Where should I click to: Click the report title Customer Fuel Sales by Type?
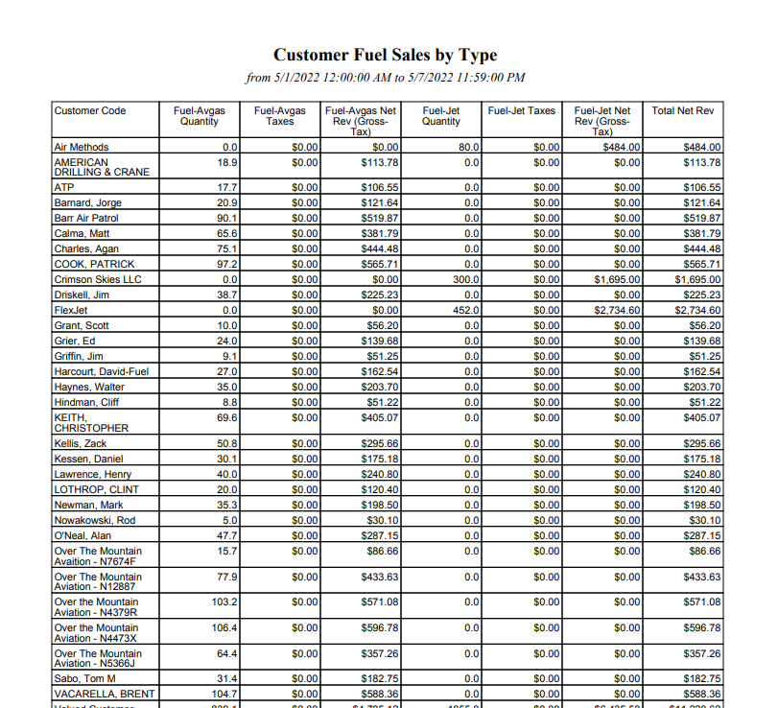coord(385,55)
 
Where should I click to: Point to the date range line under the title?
coord(385,78)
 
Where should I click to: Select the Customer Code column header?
coord(90,111)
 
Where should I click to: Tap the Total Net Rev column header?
coord(683,111)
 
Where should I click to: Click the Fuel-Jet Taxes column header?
coord(521,111)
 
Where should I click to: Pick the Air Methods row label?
coord(82,148)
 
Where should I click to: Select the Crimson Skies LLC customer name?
coord(98,279)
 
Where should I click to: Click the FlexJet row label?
coord(72,310)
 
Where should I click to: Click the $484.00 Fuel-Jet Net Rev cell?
coord(622,148)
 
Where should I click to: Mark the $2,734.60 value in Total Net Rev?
coord(697,310)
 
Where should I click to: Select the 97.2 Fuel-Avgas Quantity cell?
coord(226,264)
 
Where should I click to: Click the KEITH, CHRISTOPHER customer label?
coord(91,423)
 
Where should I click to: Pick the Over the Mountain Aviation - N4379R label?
coord(97,607)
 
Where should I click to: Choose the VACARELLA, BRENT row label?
coord(104,694)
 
